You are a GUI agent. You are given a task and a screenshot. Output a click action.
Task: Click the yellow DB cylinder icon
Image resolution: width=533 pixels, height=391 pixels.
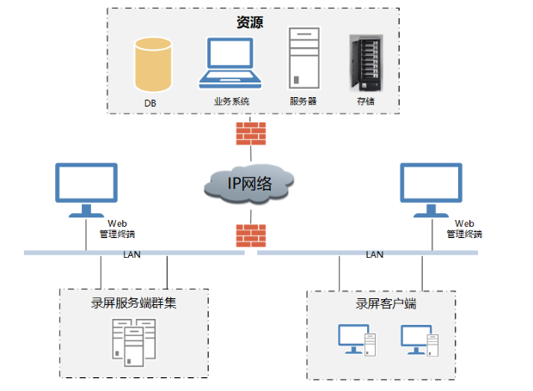point(153,64)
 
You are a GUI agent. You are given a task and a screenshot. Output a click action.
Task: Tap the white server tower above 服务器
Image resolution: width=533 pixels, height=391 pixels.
point(303,59)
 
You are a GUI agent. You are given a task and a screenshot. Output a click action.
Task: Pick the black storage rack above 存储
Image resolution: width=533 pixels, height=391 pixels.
point(366,62)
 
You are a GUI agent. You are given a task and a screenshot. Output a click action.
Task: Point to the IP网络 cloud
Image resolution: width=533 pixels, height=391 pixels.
point(249,182)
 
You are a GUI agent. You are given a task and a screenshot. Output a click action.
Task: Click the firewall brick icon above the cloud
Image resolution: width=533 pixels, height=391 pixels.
point(250,133)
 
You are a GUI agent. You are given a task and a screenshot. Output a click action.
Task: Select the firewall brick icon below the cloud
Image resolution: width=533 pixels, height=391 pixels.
point(250,234)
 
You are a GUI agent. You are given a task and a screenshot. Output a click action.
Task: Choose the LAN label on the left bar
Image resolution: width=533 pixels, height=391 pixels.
point(132,254)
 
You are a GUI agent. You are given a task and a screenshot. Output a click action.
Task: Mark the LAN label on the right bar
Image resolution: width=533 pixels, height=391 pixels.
point(375,254)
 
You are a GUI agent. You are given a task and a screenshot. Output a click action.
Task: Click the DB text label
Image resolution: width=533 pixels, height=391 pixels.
point(150,103)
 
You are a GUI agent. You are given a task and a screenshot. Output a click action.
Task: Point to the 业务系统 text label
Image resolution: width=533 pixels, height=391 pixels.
point(231,101)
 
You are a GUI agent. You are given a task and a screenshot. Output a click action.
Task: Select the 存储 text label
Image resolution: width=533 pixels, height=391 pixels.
point(365,101)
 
